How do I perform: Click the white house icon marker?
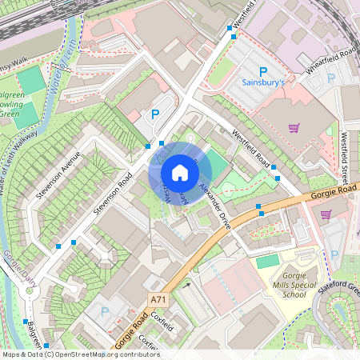180,173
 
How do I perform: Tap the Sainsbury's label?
262,82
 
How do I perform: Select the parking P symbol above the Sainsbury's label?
262,70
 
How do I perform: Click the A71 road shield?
158,299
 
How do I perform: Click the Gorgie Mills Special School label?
283,283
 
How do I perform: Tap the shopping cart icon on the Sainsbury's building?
294,128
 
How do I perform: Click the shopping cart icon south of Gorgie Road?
326,214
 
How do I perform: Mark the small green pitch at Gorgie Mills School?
268,261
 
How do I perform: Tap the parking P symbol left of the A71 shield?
103,310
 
